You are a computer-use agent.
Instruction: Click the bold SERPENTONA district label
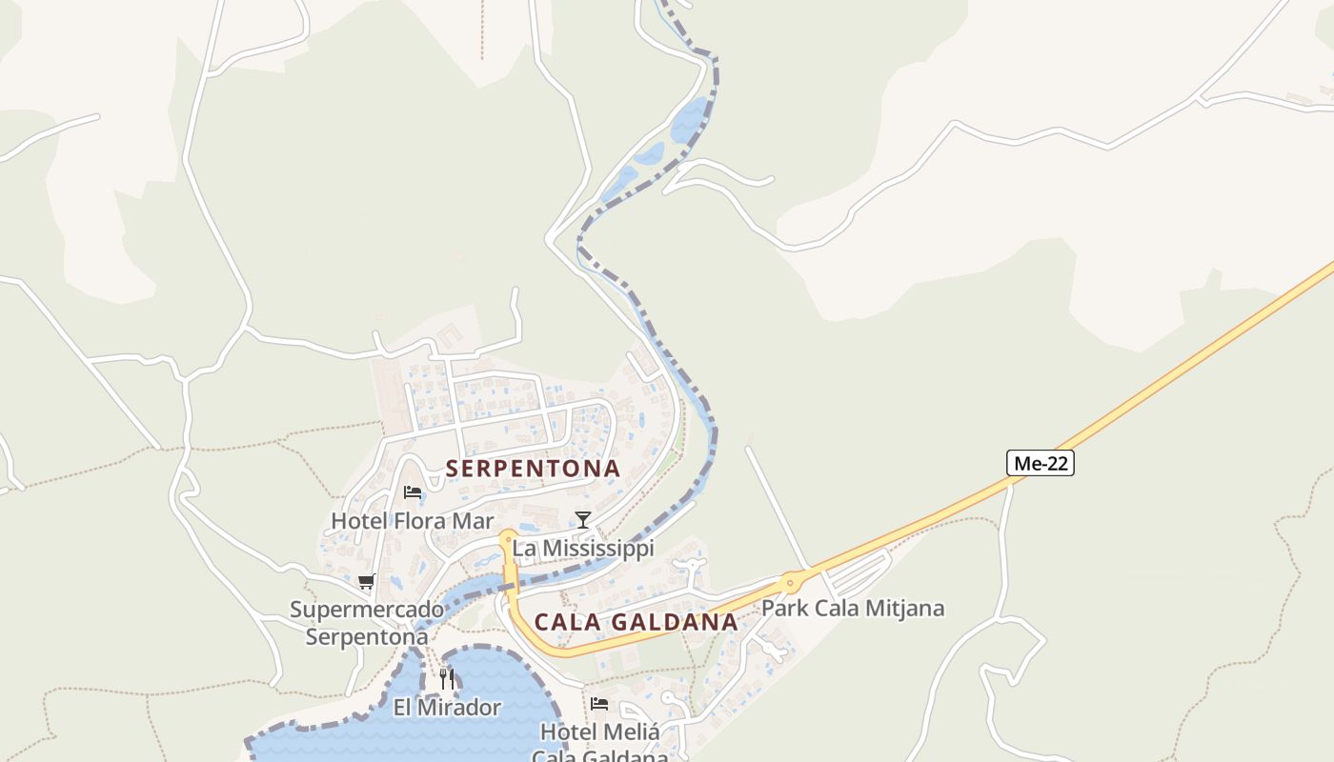533,469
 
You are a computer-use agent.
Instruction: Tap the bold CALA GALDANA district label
636,622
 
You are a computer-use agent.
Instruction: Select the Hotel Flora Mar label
412,521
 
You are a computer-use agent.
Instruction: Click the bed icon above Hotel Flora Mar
413,492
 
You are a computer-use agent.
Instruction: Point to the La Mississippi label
583,549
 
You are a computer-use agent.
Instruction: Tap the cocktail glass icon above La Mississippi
583,519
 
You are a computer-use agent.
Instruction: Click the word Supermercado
367,610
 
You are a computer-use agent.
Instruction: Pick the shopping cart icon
367,582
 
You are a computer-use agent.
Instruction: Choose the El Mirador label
447,708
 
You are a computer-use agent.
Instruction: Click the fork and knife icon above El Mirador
447,679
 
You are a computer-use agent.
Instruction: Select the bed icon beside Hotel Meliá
599,704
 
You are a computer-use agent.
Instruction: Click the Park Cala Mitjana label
853,608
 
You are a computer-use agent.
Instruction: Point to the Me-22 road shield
1041,464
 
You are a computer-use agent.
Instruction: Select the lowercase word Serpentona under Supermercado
367,636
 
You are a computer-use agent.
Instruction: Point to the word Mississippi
596,549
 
